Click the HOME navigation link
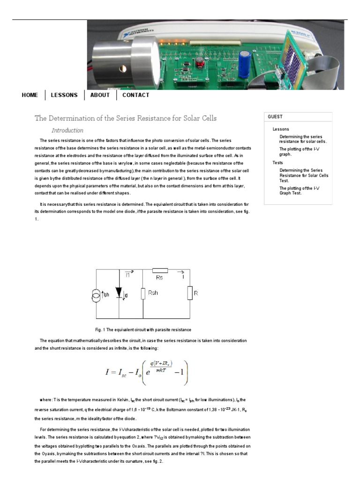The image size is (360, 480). (30, 95)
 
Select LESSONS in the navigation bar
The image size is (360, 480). (64, 95)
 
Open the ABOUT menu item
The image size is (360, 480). (100, 95)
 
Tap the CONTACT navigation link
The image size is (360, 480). (135, 95)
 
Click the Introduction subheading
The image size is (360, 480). (67, 131)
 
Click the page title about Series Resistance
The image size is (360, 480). (126, 118)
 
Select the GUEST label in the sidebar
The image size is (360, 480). (275, 117)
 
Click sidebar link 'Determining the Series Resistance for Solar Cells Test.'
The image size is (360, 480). (304, 175)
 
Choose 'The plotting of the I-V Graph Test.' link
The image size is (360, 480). (300, 191)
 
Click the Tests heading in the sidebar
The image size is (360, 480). (277, 163)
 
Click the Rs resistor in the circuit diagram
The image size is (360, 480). (160, 270)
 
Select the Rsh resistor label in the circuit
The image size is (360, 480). (153, 293)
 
